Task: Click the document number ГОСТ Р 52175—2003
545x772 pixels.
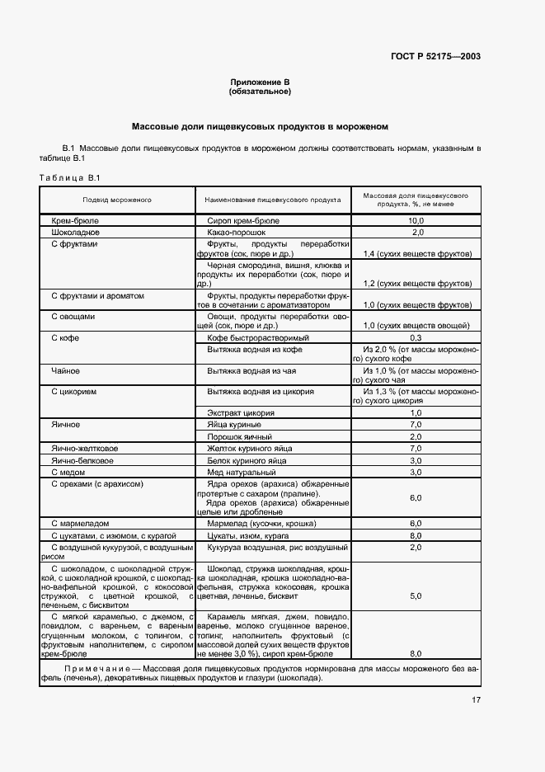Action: pyautogui.click(x=436, y=56)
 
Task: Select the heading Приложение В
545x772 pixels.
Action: pyautogui.click(x=260, y=82)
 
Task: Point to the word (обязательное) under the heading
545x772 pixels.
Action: pyautogui.click(x=260, y=92)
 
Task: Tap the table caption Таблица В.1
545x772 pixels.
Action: pyautogui.click(x=69, y=178)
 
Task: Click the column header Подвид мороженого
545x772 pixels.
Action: pyautogui.click(x=116, y=200)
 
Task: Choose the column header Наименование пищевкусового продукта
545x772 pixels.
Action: pyautogui.click(x=273, y=200)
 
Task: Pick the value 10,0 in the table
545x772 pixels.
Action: pyautogui.click(x=416, y=221)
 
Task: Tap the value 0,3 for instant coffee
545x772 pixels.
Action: pyautogui.click(x=416, y=338)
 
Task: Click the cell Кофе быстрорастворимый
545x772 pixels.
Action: pyautogui.click(x=258, y=338)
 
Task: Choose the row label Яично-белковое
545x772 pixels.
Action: pyautogui.click(x=82, y=459)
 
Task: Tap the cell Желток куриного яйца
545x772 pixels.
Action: pyautogui.click(x=250, y=448)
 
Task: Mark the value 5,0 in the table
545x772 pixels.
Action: pyautogui.click(x=416, y=595)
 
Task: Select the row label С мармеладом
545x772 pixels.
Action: pyautogui.click(x=82, y=523)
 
